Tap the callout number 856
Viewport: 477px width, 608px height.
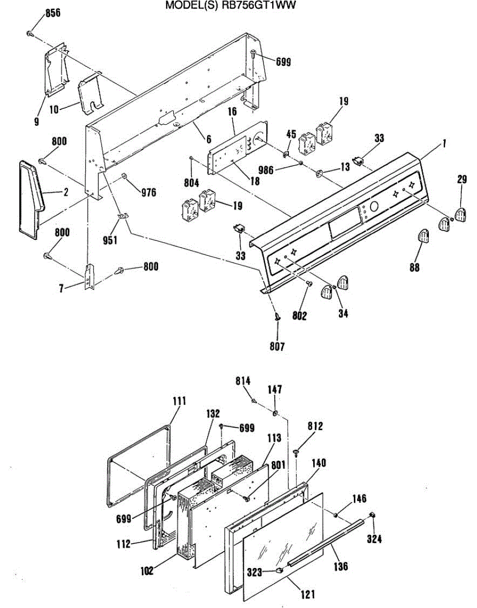[53, 13]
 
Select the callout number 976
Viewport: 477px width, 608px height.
[149, 192]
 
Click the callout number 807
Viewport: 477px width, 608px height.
[277, 347]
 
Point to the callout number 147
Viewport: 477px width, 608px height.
[275, 390]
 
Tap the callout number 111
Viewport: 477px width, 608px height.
[178, 401]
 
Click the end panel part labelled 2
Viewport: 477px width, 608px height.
[31, 195]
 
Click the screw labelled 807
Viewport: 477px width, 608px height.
[277, 316]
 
